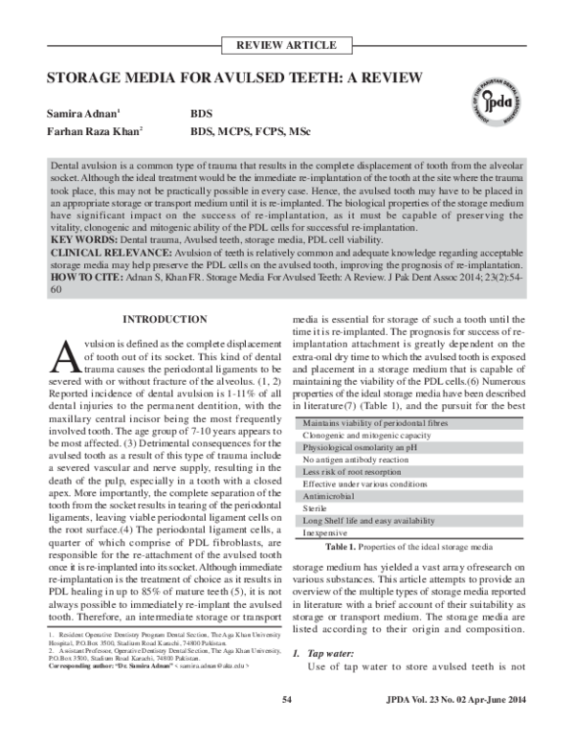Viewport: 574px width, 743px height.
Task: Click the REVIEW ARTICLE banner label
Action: [286, 45]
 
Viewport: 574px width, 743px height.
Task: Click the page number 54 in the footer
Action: [286, 727]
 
